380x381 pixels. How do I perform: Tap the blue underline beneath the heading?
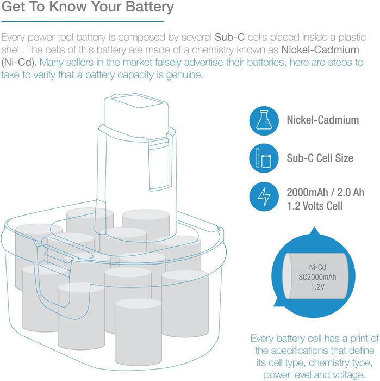(x=82, y=21)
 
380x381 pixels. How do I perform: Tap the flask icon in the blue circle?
(x=264, y=120)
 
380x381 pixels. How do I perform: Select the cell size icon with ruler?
(x=264, y=158)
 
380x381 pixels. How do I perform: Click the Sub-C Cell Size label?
(x=320, y=158)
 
